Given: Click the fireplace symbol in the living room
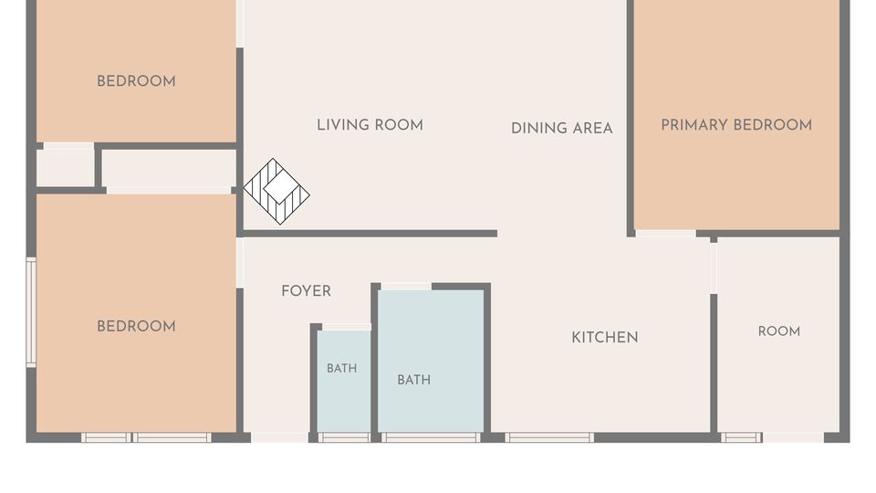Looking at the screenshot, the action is coord(276,191).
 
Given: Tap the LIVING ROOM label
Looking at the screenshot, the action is coord(370,125).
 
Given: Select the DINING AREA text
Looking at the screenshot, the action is coord(561,129).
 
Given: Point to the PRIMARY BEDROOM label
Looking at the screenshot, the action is coord(736,125).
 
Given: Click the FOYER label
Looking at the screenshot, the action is coord(307,291).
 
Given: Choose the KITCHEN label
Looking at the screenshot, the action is coord(604,338).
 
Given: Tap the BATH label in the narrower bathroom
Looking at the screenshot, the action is coord(342,368).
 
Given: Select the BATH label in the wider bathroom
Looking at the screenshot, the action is coord(414,380).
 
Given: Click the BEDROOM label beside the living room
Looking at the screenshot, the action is coord(136,81).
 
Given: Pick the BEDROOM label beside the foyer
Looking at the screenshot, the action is coord(136,327).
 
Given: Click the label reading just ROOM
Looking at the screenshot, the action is coord(779,331).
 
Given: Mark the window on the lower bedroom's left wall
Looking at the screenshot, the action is coord(31,312).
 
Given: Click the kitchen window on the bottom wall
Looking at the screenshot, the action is coord(549,437).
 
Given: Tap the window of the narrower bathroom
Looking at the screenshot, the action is coord(344,437).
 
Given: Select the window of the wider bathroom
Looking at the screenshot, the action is coord(431,437).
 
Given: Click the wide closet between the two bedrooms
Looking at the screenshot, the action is coord(170,168).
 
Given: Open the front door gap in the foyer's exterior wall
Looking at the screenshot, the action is coord(279,437).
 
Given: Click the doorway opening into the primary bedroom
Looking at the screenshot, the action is coord(666,234).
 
